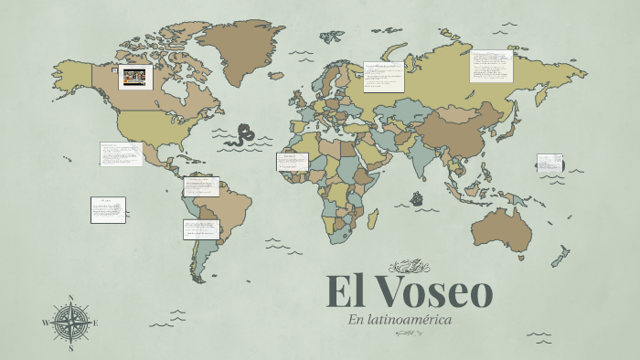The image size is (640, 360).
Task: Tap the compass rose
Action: coord(70,323)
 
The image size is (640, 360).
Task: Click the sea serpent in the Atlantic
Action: coord(243,135)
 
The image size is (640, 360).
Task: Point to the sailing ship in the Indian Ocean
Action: coord(418,198)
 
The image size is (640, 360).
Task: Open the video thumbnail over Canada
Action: coord(134,77)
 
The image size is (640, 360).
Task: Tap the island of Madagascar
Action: coord(373,218)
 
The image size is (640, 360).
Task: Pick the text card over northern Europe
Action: coord(383,77)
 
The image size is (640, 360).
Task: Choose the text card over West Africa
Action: coord(292,162)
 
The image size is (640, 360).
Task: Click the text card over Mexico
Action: coord(121,154)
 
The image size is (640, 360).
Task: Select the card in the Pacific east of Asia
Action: coord(549,164)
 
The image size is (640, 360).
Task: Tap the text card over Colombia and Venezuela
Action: coord(201,186)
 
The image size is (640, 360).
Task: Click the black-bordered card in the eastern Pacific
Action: coord(108,210)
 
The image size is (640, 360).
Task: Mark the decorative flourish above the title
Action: coord(409,267)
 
